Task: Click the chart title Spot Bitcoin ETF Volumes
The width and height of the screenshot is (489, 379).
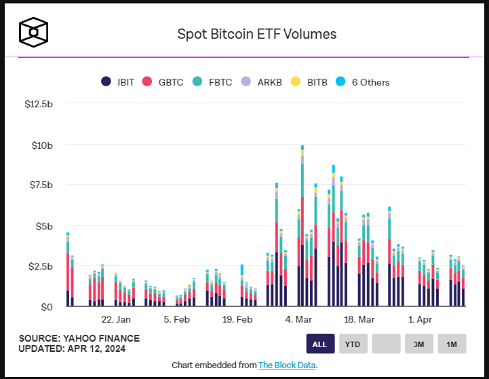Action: click(256, 33)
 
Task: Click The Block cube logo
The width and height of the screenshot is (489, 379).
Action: click(33, 32)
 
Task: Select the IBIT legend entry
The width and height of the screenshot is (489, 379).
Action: click(118, 82)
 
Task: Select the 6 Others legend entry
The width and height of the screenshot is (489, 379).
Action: click(364, 82)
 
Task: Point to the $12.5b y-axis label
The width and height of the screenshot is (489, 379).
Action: click(38, 105)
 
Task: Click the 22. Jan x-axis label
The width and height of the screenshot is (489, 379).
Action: click(116, 319)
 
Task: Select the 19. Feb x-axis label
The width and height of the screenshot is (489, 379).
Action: click(237, 319)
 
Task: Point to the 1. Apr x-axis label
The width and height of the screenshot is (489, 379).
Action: click(420, 319)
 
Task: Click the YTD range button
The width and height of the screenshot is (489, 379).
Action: click(353, 344)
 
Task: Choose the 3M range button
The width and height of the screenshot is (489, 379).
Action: click(418, 344)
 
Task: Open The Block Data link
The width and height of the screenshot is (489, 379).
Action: click(287, 365)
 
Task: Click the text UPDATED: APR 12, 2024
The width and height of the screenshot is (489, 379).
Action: click(72, 349)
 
